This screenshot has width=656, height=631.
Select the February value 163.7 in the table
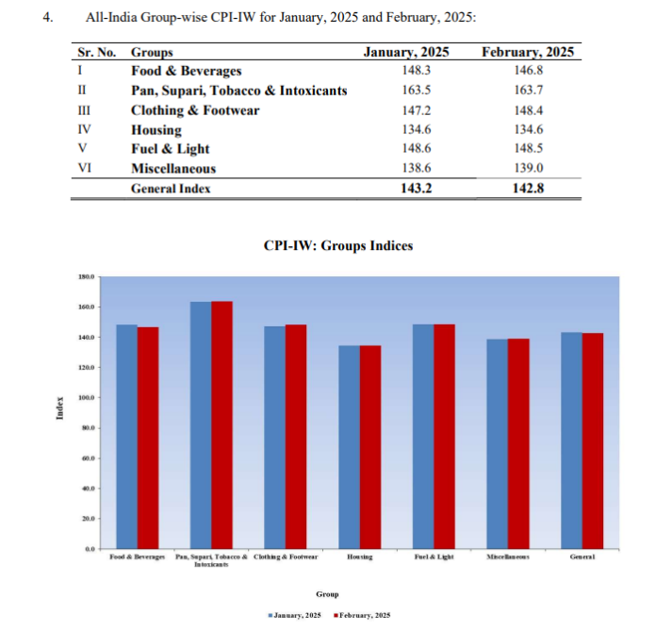526,91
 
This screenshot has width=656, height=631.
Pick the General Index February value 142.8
526,189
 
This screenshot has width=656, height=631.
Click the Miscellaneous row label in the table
173,169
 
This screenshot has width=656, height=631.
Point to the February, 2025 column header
526,53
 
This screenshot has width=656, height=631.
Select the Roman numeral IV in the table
83,130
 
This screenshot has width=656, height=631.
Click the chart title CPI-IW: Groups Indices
338,245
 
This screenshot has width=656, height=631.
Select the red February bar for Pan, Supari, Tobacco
221,424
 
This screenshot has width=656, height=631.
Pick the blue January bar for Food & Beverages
126,436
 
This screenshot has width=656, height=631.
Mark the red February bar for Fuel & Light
444,436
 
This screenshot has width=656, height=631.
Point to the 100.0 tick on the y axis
86,397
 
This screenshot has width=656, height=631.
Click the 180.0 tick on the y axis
86,276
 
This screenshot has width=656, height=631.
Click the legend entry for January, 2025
295,615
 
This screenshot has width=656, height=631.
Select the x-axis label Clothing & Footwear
286,557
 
